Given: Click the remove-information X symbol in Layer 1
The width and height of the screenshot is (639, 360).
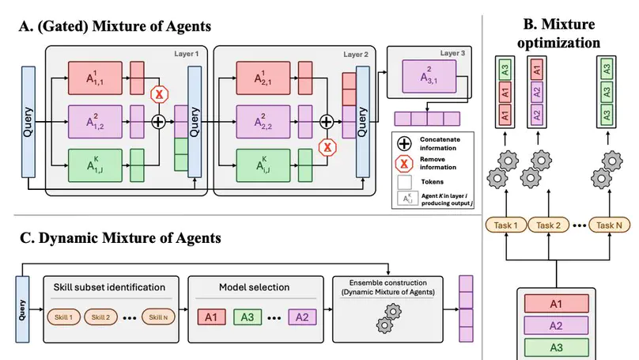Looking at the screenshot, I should (x=157, y=95).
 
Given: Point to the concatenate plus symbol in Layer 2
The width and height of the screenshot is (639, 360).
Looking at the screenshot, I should (x=326, y=121).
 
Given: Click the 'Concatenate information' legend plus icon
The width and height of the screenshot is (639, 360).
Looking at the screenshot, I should (x=404, y=144).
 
